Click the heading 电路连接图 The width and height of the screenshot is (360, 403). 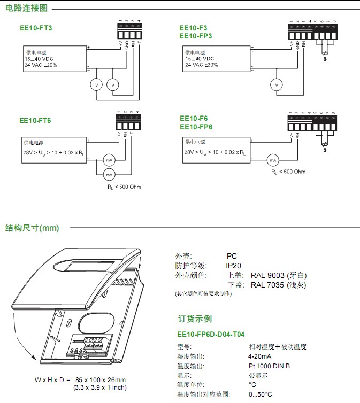26,8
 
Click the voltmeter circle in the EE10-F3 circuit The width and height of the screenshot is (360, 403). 277,85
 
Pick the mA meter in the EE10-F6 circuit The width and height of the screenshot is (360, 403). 272,160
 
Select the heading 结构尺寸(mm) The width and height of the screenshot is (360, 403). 32,228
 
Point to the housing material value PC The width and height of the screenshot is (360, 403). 231,257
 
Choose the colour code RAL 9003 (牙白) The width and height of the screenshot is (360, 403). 279,275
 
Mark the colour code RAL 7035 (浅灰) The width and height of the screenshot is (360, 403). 279,285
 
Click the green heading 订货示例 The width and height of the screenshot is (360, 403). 195,319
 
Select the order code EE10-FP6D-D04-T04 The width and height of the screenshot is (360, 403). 211,335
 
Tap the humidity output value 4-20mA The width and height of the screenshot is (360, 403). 259,356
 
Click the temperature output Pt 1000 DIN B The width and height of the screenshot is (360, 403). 269,366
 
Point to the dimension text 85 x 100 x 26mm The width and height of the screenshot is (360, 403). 101,379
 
